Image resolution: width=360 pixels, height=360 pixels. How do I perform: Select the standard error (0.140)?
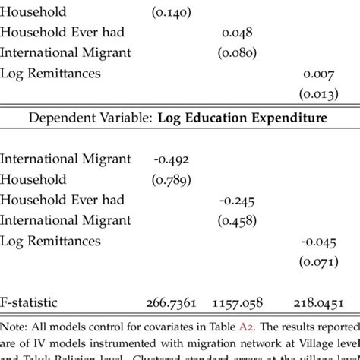point(172,13)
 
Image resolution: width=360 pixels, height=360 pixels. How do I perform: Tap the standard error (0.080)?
point(237,54)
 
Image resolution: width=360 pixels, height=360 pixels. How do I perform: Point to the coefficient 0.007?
point(318,74)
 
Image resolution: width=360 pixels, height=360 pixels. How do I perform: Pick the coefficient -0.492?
point(171,159)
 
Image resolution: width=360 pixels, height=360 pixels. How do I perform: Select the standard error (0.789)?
point(172,180)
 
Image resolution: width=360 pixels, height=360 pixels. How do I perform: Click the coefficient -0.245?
point(237,201)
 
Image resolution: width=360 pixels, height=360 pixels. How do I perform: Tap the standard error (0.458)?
point(237,221)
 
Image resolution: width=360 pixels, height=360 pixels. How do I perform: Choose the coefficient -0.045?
point(317,242)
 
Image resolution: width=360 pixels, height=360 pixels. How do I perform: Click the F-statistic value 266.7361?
point(171,302)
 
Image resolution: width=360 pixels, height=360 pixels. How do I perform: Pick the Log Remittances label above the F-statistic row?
point(51,242)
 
